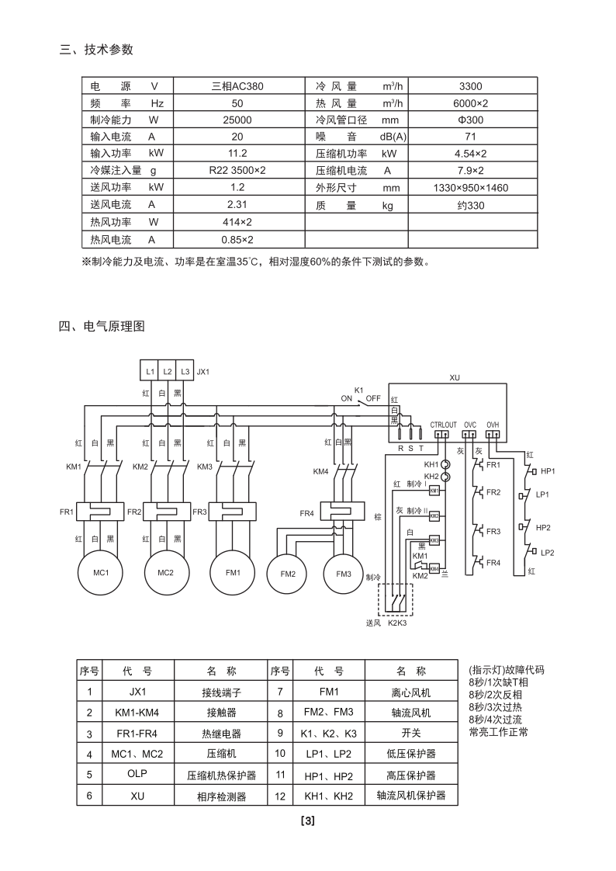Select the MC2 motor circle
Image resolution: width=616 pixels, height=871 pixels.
tap(166, 573)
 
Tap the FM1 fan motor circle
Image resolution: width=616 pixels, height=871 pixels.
tap(233, 573)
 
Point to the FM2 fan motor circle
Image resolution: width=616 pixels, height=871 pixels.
tap(288, 574)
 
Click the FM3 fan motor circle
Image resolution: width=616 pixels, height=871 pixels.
tap(344, 574)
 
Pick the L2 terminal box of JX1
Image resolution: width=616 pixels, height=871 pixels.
tap(167, 372)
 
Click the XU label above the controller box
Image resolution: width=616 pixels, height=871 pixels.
tap(455, 377)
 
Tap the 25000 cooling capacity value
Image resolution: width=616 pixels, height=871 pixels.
tap(237, 120)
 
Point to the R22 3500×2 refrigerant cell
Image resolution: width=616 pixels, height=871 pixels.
tap(237, 171)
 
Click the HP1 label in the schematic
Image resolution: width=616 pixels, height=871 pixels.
tap(549, 471)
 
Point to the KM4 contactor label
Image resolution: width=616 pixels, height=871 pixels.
tap(320, 471)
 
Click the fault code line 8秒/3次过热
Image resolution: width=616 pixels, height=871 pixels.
tap(496, 707)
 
